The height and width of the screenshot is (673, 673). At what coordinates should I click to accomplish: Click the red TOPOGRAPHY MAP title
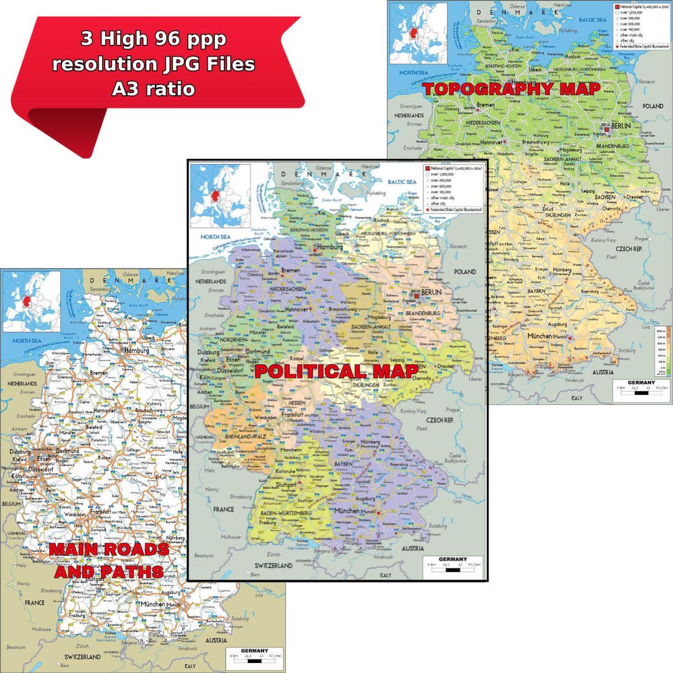click(512, 89)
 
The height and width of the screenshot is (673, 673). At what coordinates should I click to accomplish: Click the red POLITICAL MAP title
click(336, 371)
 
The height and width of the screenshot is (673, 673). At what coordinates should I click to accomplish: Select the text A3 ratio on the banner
click(153, 89)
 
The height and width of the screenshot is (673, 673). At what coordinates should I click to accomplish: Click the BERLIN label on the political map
click(432, 293)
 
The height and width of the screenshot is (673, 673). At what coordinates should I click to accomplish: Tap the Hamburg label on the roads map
click(137, 350)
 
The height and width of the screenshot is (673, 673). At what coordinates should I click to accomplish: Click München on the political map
click(347, 510)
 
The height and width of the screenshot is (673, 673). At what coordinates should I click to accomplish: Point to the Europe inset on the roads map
click(31, 301)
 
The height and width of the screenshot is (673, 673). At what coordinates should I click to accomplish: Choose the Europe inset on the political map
click(220, 195)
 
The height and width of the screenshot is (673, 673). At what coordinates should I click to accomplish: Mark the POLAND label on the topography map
click(653, 106)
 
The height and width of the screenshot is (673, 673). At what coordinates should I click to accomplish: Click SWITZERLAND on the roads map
click(82, 656)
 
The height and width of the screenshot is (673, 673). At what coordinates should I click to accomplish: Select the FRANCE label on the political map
click(224, 509)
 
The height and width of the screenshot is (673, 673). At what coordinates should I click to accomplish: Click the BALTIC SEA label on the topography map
click(592, 20)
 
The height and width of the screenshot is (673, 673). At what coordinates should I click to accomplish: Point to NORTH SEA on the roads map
click(27, 341)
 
